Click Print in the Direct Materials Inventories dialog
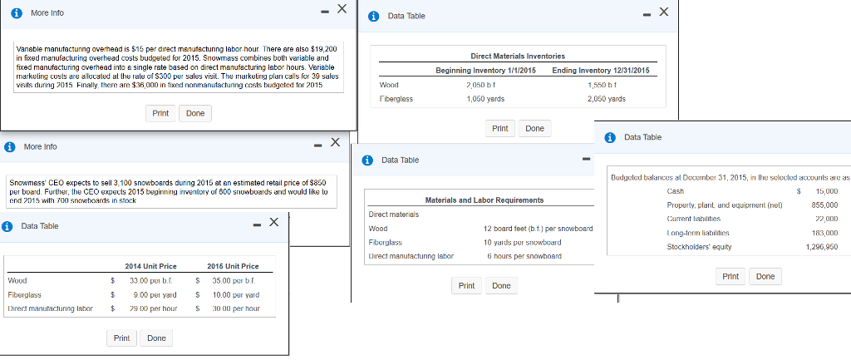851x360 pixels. coord(499,128)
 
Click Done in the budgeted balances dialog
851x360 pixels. coord(765,276)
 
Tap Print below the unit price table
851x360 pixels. coord(121,338)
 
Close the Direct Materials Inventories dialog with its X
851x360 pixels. coord(662,12)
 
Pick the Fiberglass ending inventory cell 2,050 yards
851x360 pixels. coord(606,99)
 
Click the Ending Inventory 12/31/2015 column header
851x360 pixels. coord(600,71)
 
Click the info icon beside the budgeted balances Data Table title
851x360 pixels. coord(611,137)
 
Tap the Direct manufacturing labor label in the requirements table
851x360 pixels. coord(411,256)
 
